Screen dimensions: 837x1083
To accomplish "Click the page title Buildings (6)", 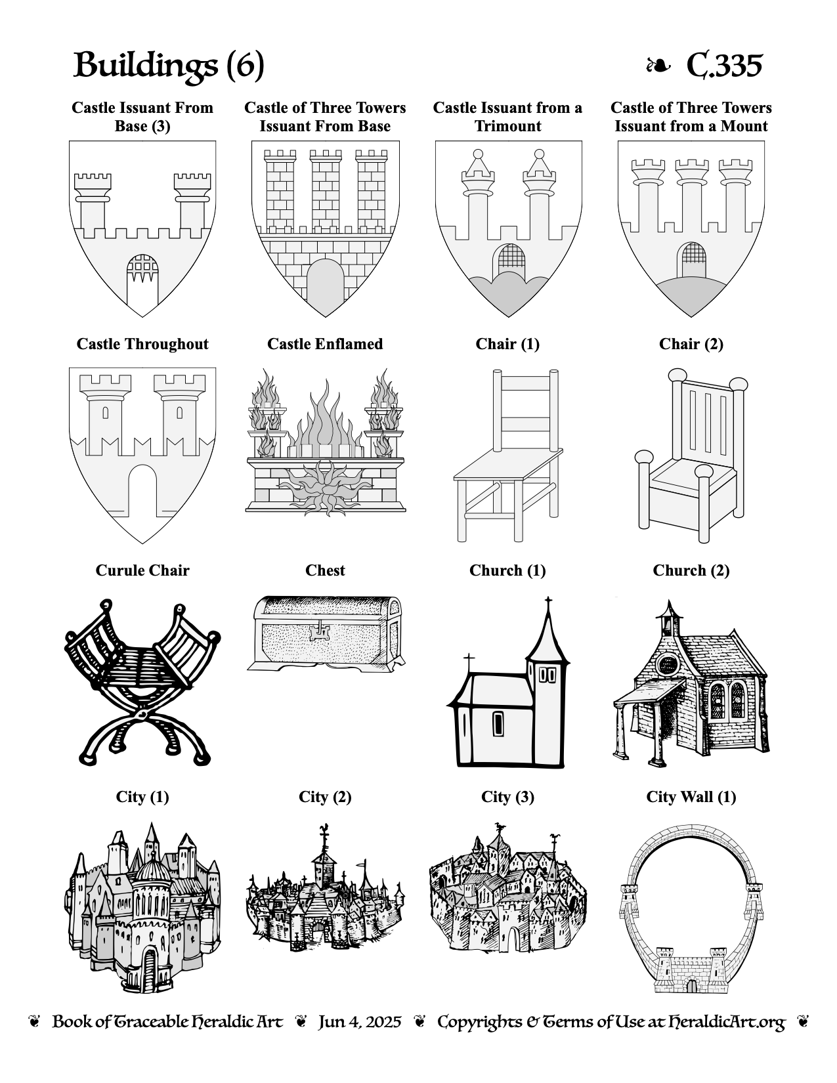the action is pos(169,65).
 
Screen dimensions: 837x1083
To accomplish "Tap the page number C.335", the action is pos(724,65).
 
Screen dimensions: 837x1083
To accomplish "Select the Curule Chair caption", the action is pos(142,570).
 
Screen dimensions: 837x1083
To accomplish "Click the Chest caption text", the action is pos(325,570).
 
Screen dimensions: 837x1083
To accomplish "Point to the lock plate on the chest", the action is pos(320,633).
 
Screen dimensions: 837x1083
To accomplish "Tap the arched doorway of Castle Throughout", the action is pos(142,491).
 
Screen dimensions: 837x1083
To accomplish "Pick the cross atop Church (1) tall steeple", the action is pos(548,604).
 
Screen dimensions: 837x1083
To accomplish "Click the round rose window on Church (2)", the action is pos(667,664).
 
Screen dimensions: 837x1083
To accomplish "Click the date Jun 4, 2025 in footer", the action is pos(360,1022).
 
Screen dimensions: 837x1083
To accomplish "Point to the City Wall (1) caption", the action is pos(691,797).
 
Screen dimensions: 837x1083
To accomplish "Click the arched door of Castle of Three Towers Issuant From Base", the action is pos(325,287).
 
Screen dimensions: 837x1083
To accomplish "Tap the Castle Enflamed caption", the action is pos(325,344).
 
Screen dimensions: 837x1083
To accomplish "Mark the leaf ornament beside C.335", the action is pos(658,66).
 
